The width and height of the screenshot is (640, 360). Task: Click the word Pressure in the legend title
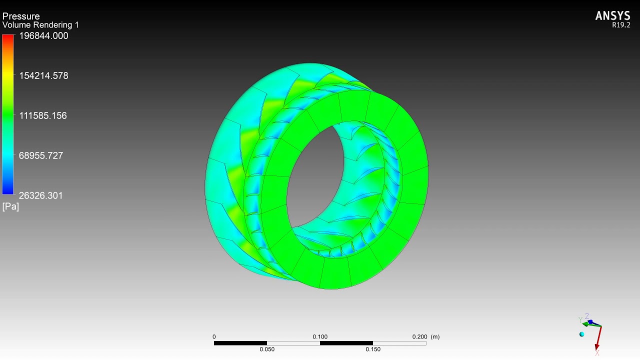tap(21, 16)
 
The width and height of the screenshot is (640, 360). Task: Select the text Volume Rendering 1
tap(40, 25)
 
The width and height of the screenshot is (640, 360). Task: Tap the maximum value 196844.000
tap(43, 36)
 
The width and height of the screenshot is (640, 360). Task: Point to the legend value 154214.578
tap(43, 76)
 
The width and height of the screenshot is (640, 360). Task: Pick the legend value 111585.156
tap(42, 116)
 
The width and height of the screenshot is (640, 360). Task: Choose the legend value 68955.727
tap(41, 156)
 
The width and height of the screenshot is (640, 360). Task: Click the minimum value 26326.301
tap(41, 196)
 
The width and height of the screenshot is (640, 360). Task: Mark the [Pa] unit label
tap(10, 206)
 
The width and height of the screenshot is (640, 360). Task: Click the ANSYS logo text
tap(612, 16)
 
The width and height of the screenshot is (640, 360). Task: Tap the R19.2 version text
tap(621, 25)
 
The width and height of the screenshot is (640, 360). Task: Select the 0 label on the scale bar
tap(214, 337)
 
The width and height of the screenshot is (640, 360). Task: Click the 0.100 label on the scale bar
tap(320, 337)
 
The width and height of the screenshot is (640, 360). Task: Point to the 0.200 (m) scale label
tap(425, 337)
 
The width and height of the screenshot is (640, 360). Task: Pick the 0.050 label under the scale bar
tap(267, 349)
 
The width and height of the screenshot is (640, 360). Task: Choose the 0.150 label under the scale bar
tap(373, 349)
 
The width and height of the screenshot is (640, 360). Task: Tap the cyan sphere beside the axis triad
tap(581, 334)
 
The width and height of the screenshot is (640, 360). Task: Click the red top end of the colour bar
tap(8, 38)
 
